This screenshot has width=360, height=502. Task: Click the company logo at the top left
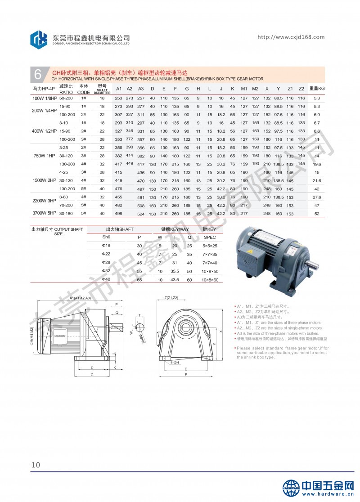(39, 39)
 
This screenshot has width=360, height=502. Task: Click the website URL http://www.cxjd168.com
(291, 37)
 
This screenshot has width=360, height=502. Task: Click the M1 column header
(244, 88)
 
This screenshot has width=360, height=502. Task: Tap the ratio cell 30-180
(66, 213)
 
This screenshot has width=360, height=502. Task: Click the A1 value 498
(119, 213)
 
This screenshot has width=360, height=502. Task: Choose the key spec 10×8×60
(210, 279)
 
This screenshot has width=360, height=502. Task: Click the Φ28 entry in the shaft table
(106, 262)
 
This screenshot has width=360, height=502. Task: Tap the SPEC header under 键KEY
(210, 237)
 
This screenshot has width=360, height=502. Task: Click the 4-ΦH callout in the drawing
(175, 362)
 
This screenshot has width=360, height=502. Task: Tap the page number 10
(36, 465)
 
